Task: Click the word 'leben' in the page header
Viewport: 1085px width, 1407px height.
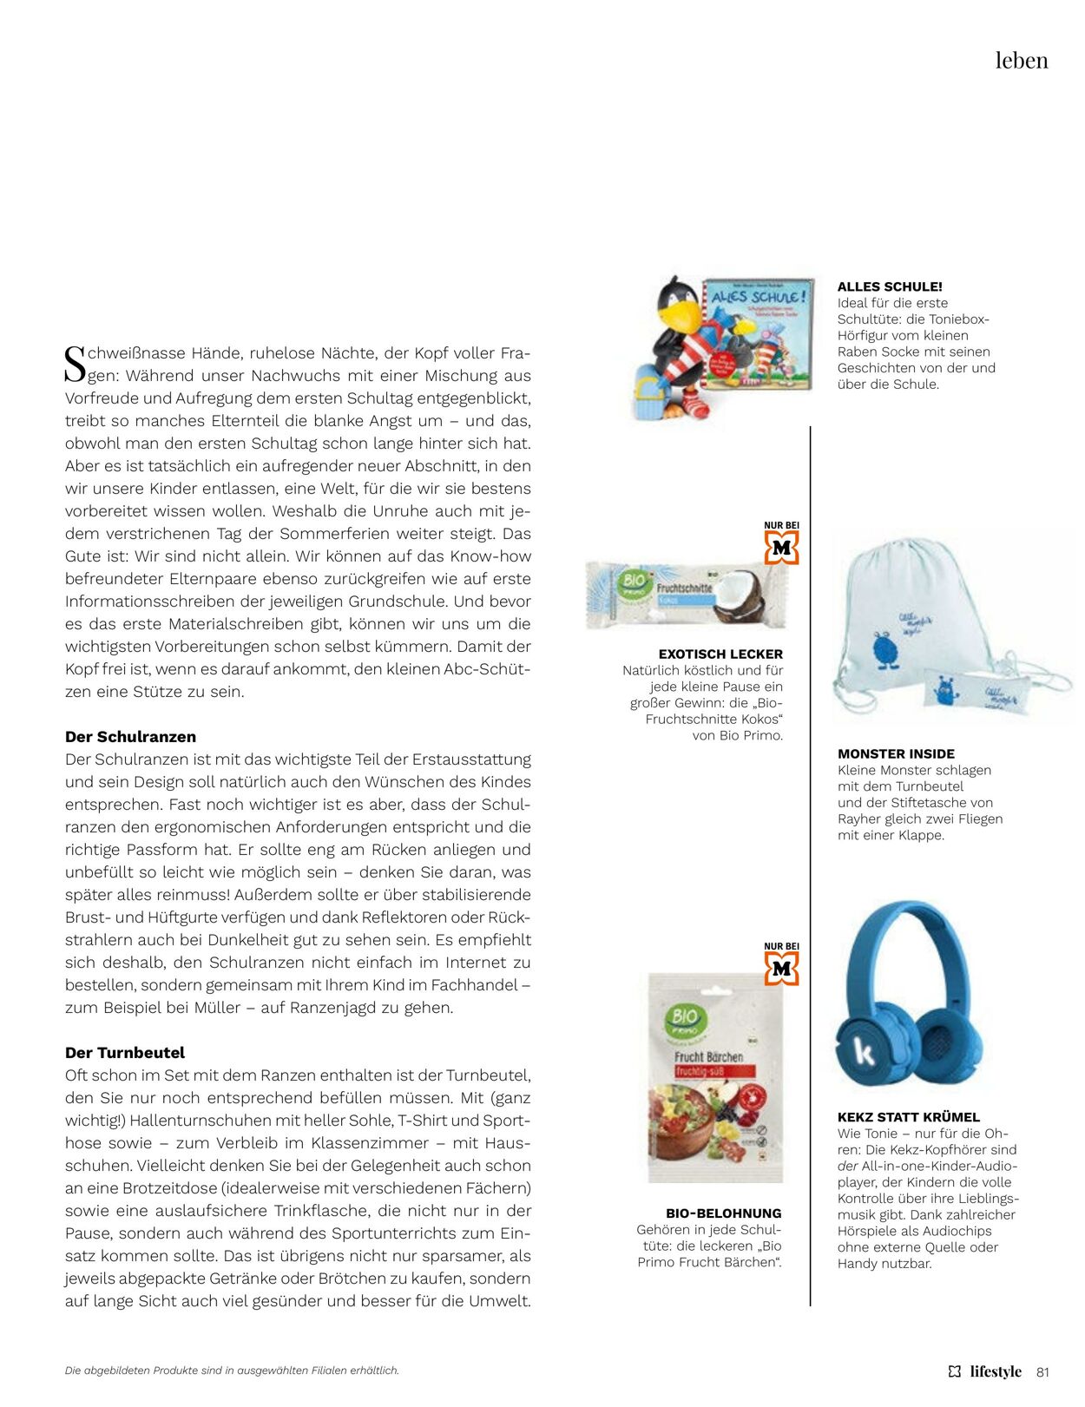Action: pos(1021,61)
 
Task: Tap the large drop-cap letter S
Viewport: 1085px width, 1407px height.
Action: pos(76,364)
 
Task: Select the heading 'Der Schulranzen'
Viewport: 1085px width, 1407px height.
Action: pos(130,737)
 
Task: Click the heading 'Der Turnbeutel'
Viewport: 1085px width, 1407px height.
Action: pos(125,1053)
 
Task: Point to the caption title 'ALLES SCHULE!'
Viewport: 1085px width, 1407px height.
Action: pos(890,286)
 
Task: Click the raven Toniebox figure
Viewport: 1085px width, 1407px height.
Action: pos(677,347)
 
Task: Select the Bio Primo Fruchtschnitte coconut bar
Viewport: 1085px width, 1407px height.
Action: pos(686,595)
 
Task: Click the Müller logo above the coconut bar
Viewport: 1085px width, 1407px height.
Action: pos(781,548)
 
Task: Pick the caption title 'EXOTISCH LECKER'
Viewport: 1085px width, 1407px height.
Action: pos(720,654)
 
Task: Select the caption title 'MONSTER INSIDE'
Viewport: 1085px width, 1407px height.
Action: pos(896,754)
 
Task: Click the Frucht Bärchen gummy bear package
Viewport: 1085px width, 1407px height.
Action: pos(715,1076)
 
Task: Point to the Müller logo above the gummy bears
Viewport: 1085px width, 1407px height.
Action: pos(781,969)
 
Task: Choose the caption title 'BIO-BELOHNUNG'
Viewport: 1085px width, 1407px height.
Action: pos(723,1213)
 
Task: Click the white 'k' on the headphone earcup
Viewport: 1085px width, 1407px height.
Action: pos(865,1051)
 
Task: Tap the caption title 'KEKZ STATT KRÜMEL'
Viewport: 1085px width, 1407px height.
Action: pos(908,1117)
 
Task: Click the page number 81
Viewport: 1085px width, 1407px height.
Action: pos(1042,1372)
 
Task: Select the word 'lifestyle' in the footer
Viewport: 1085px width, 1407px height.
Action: pos(996,1372)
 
